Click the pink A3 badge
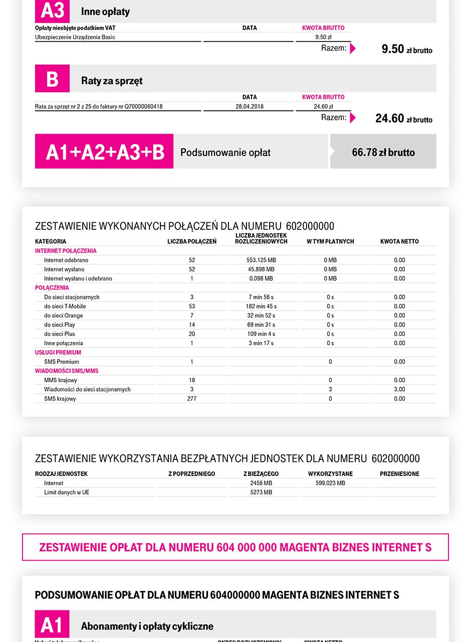(52, 11)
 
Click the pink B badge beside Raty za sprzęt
(52, 79)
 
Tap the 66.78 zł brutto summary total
(383, 152)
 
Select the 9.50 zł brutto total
(406, 49)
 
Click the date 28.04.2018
(249, 106)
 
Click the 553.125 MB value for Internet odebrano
(262, 260)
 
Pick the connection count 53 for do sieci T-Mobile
(192, 306)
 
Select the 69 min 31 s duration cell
(262, 325)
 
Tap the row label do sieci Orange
(63, 315)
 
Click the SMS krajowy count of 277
(192, 399)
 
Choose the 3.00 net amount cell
(399, 389)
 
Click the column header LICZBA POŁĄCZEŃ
(192, 241)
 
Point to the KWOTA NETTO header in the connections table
(399, 241)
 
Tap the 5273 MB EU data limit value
(261, 493)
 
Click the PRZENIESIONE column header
(399, 473)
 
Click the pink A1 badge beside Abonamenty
(52, 625)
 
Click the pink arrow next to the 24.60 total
(353, 118)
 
